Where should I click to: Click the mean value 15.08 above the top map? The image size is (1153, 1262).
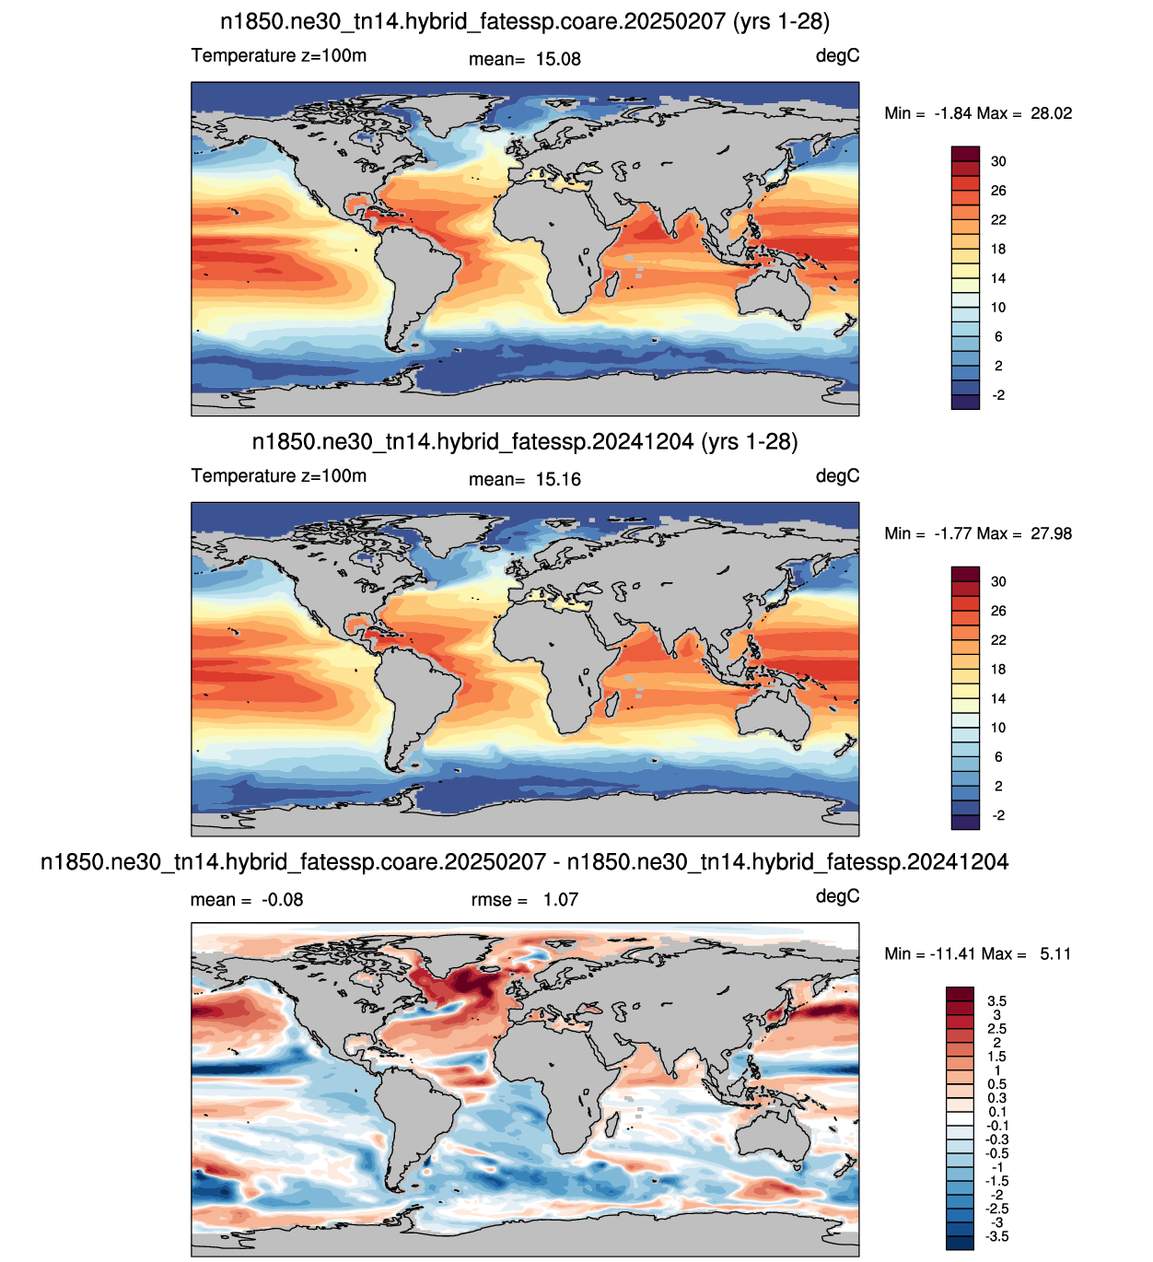click(x=557, y=59)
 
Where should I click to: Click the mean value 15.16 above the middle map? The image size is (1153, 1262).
click(x=557, y=479)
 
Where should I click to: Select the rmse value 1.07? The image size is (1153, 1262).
click(x=561, y=900)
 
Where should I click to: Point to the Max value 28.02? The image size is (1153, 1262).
click(x=1051, y=113)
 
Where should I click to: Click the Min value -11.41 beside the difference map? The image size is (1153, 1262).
click(x=954, y=953)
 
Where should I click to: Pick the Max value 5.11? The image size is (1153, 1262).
click(x=1054, y=953)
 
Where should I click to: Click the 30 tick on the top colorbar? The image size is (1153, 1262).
click(x=998, y=161)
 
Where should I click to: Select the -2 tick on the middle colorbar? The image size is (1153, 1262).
click(x=998, y=815)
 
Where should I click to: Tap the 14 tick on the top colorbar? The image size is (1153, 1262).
click(x=998, y=278)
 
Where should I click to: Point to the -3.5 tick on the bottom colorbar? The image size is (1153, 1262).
click(x=996, y=1235)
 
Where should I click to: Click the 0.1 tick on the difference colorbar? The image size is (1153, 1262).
click(x=997, y=1111)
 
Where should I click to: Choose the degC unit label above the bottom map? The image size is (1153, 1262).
click(x=836, y=896)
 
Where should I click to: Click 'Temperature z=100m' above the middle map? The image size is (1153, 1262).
click(x=279, y=475)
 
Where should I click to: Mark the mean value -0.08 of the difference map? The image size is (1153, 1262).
click(x=283, y=900)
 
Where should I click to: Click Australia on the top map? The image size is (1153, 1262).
click(x=774, y=295)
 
